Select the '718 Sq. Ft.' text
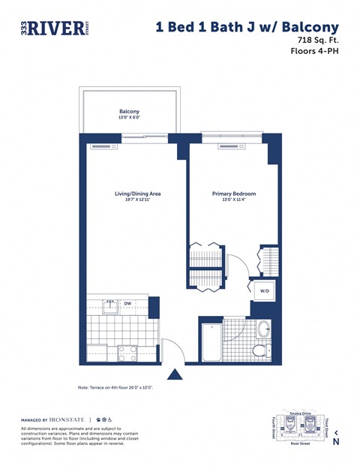318,41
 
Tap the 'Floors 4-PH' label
315,52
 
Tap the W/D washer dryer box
265,290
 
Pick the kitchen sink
109,305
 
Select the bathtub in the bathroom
211,341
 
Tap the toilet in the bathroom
260,350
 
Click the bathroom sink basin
263,329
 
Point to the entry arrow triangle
175,374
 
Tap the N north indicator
335,441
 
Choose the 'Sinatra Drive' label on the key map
300,413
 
